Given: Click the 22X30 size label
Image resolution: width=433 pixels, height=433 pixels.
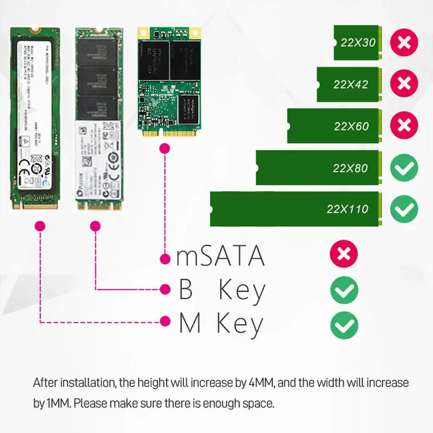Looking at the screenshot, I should (358, 42).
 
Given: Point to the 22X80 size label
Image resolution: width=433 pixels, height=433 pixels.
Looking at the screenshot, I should (350, 168).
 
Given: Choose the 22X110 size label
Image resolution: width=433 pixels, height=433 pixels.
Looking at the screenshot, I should (347, 209).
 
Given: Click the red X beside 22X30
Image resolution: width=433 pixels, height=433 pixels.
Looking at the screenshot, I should (404, 42).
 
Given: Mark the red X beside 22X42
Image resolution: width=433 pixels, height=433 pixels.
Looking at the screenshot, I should (404, 84).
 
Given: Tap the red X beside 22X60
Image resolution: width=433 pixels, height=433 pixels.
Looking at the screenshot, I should (404, 126).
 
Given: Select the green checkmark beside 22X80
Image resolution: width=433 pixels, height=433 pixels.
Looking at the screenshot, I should (404, 168).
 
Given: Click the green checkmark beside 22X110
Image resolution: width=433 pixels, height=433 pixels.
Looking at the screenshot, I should (404, 209).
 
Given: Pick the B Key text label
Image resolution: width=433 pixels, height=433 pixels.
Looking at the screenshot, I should (222, 291).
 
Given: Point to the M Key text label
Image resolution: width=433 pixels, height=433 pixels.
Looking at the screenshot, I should (221, 324).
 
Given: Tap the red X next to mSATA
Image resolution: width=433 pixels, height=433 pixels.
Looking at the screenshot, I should (344, 254).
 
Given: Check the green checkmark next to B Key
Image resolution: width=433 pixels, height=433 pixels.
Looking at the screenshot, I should (344, 290).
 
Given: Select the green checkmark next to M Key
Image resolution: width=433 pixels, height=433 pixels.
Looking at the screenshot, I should (344, 325).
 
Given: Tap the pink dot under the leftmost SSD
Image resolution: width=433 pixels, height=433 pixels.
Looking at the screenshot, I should (39, 226).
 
